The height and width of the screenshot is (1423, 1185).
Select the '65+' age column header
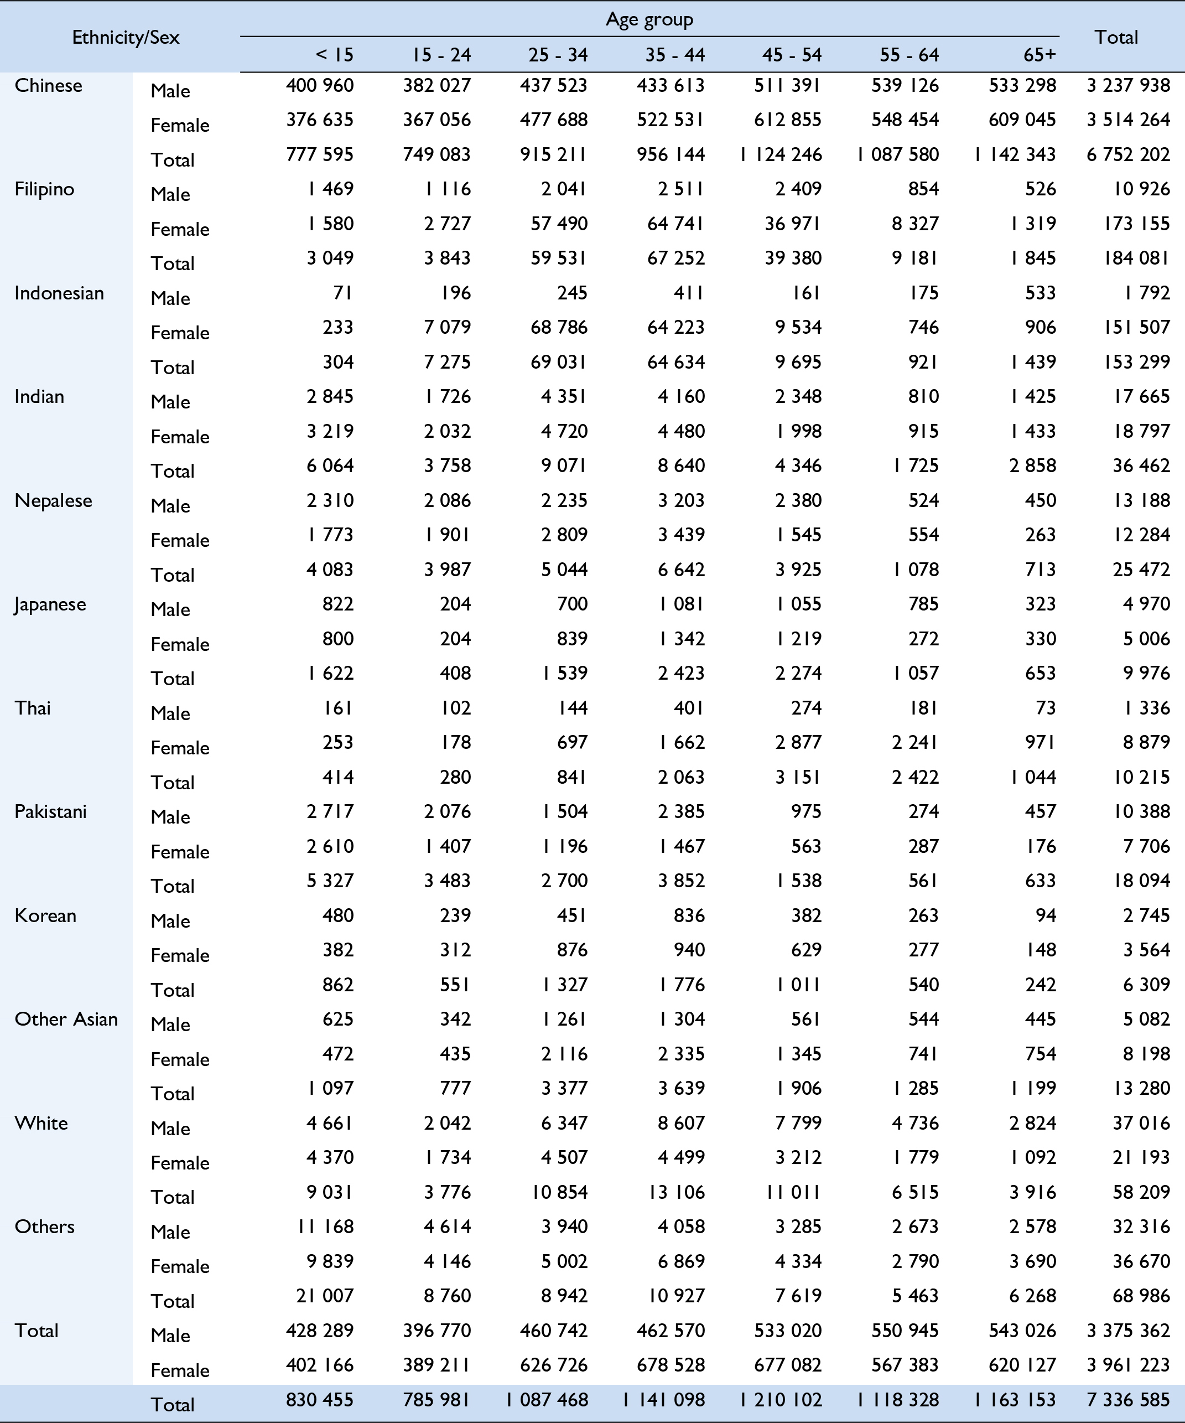(1040, 55)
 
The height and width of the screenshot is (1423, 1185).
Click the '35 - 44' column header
(674, 55)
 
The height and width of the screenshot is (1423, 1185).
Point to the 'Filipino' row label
(44, 189)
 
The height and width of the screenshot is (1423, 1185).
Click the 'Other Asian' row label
(66, 1019)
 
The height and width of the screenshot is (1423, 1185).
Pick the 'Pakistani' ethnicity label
(50, 812)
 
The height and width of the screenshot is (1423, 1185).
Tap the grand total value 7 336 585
(1128, 1400)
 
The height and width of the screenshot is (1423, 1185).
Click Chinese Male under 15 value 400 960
(319, 85)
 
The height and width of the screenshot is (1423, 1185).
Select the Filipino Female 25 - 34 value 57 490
(559, 224)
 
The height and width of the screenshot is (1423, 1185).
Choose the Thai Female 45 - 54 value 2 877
(798, 743)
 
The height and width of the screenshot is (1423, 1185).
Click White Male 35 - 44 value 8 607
(680, 1123)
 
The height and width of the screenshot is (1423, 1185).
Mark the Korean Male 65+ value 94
(1046, 915)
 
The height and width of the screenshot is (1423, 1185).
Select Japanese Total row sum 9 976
(1146, 674)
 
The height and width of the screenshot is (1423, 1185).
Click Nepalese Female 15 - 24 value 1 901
(447, 535)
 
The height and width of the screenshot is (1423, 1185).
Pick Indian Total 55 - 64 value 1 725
(915, 465)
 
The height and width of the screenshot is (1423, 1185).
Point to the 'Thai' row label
(33, 708)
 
